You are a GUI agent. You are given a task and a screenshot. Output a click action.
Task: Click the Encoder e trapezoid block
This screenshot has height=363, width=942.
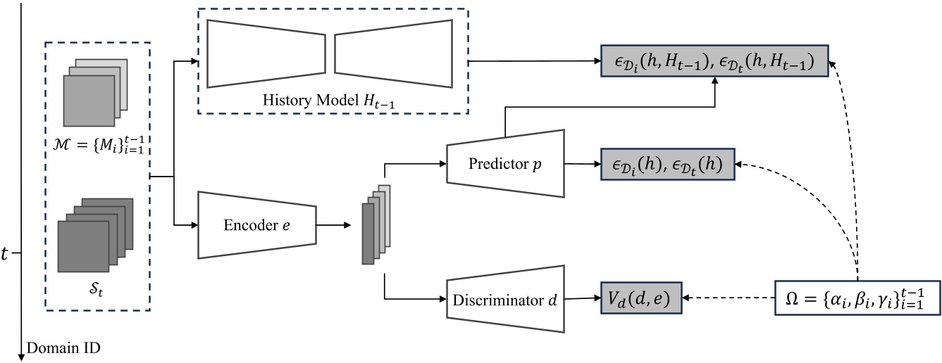tap(257, 224)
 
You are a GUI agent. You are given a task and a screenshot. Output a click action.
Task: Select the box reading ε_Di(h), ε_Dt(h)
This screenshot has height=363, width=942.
tap(667, 165)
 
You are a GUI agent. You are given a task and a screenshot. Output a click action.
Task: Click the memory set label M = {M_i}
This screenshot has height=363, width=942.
tap(97, 146)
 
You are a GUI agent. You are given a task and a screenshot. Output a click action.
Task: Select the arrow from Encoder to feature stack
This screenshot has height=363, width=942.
tap(334, 225)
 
